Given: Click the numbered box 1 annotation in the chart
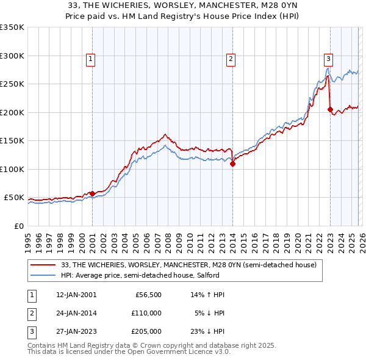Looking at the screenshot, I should point(91,59).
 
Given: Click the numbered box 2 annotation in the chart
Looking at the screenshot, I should point(231,59).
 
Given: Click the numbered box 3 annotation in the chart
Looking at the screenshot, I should point(328,59).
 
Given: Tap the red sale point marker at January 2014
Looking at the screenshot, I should point(232,164).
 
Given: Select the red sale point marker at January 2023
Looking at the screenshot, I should point(330,110).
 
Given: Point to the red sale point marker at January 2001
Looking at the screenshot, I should point(92,193).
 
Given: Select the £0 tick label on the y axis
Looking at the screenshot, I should point(18,226).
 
